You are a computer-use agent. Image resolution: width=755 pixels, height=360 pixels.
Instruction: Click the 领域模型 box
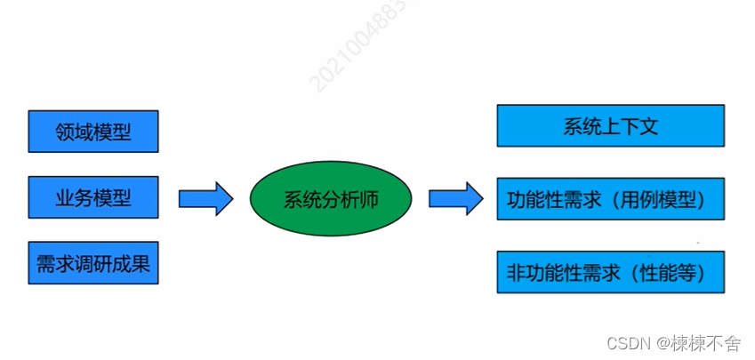tap(93, 132)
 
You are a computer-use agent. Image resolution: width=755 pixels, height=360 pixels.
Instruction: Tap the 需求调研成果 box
tap(93, 263)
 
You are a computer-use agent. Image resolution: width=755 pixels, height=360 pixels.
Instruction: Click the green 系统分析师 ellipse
tap(331, 198)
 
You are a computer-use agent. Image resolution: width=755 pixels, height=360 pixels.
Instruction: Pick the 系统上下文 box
tap(610, 126)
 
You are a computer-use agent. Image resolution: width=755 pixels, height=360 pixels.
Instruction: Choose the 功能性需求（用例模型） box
tap(610, 199)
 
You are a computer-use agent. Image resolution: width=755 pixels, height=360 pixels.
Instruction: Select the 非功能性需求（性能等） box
tap(610, 272)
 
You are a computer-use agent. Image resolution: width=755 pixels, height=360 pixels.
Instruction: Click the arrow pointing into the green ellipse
tap(205, 198)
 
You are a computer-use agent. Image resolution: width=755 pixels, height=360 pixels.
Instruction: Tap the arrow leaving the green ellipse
tap(455, 198)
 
